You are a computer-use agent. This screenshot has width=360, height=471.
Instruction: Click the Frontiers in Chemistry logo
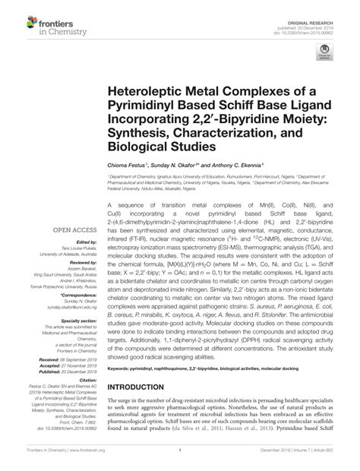tap(37, 20)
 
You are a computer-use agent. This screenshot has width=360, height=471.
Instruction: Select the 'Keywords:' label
tap(121, 390)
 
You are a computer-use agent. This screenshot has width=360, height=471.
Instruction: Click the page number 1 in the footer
tap(180, 460)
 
